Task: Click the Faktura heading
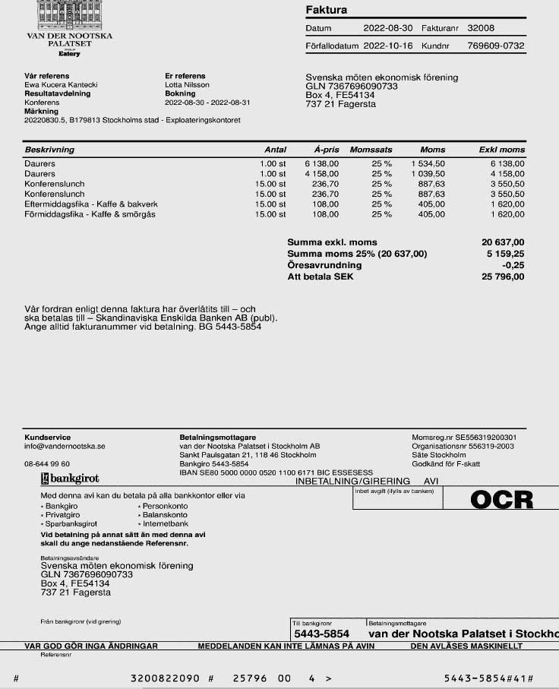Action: pos(326,11)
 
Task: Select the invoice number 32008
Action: pos(481,28)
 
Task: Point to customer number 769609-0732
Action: pos(496,46)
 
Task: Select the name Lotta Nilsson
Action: pos(187,85)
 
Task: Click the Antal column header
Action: pos(275,150)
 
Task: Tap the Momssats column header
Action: pos(371,150)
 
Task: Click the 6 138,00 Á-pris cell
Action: pos(322,163)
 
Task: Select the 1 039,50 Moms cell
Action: pos(428,174)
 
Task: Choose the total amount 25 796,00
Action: pos(503,277)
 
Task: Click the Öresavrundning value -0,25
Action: pos(513,265)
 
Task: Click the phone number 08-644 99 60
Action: pos(47,463)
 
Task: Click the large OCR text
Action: pos(501,499)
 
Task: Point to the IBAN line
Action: pos(276,472)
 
